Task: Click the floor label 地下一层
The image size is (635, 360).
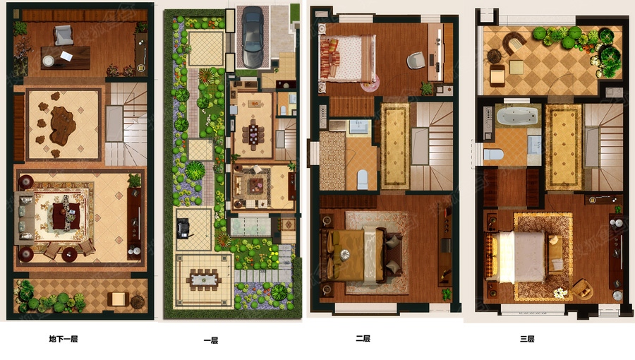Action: (x=64, y=339)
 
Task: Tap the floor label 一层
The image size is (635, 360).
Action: (x=210, y=340)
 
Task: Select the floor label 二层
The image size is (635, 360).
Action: (x=363, y=339)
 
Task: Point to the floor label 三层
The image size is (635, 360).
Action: (x=527, y=339)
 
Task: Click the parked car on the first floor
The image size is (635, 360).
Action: (x=253, y=37)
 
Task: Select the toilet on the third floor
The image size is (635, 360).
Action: (x=494, y=155)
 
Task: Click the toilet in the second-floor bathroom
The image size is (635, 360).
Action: (x=362, y=179)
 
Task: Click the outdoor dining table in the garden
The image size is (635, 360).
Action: (x=204, y=280)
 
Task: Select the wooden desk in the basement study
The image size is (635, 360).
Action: (x=65, y=57)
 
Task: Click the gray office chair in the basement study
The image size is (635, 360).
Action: (x=64, y=35)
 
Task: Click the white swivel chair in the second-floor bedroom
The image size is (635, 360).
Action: (x=416, y=61)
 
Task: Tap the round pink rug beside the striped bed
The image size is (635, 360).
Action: (x=370, y=83)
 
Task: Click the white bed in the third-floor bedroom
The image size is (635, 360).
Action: (x=522, y=256)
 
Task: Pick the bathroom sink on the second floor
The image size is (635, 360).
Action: (x=358, y=126)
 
